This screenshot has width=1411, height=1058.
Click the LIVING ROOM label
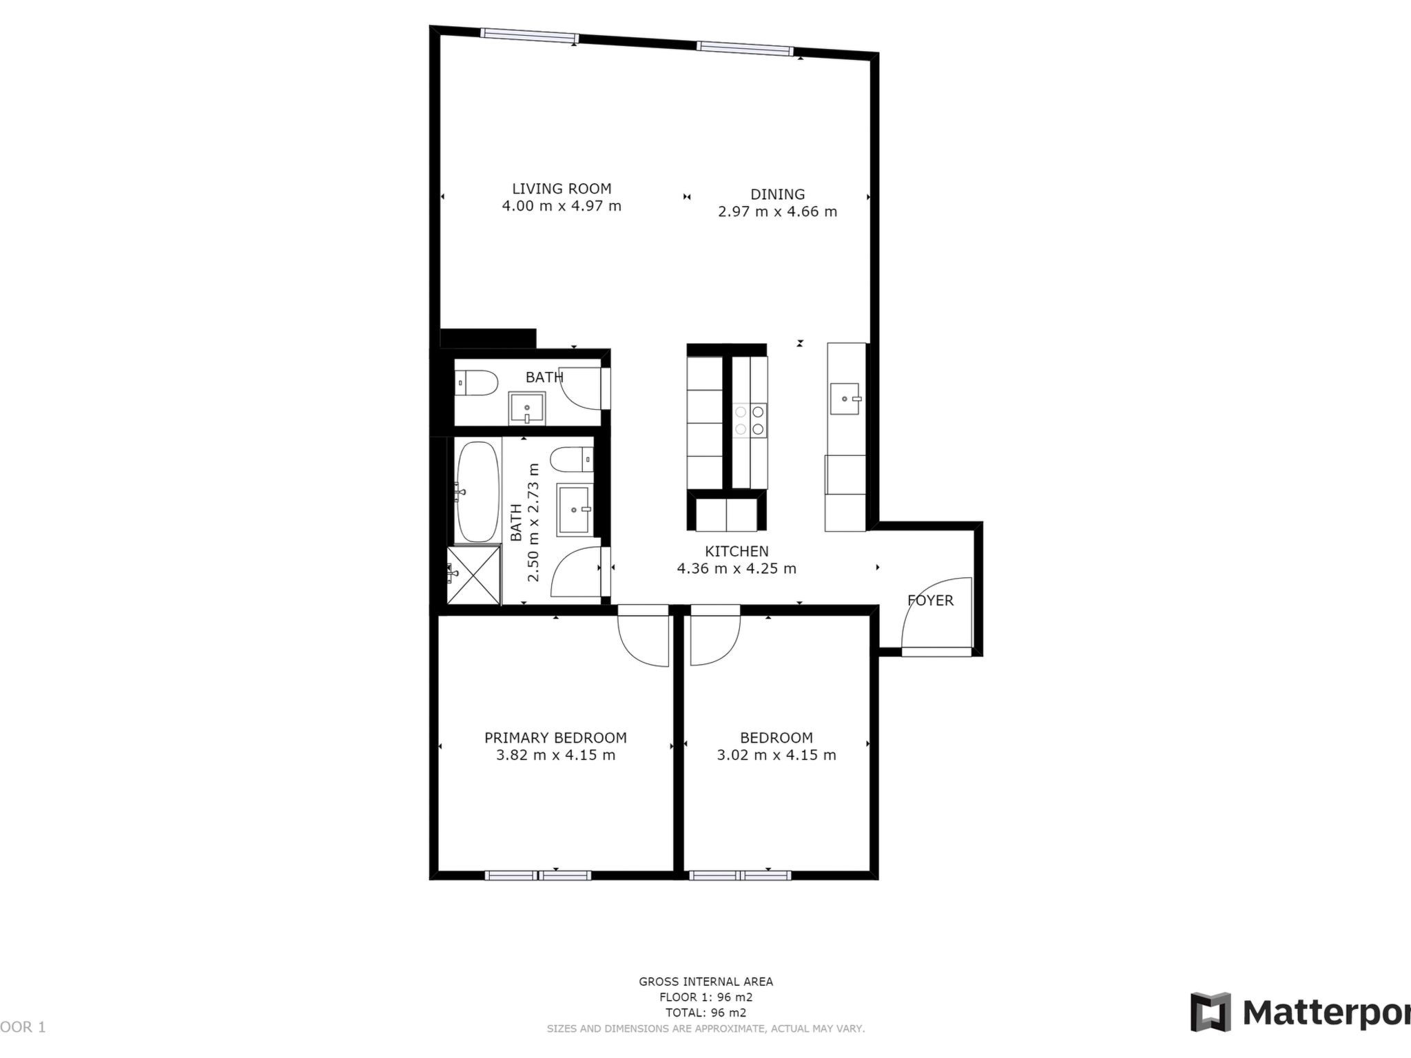[562, 189]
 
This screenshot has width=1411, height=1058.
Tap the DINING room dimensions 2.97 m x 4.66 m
[777, 211]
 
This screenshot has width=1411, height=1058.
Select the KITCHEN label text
[737, 551]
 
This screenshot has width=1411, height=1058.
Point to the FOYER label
[930, 601]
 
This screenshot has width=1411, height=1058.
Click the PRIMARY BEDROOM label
[555, 738]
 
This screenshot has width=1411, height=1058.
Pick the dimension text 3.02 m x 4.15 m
[776, 755]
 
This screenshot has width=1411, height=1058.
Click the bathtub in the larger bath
[477, 492]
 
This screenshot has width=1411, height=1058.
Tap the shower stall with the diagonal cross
[474, 575]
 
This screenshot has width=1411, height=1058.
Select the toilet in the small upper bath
[476, 383]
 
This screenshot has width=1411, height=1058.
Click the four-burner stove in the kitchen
[750, 420]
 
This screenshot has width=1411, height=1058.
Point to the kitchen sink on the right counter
[846, 399]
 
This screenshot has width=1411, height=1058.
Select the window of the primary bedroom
[538, 875]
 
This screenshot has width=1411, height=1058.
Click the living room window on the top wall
[529, 35]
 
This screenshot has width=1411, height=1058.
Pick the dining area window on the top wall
[745, 48]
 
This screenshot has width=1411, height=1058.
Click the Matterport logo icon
[1211, 1013]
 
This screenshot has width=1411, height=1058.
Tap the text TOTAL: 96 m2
[705, 1013]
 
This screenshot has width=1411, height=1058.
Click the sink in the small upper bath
[527, 408]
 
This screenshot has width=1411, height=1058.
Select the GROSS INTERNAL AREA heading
[705, 982]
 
